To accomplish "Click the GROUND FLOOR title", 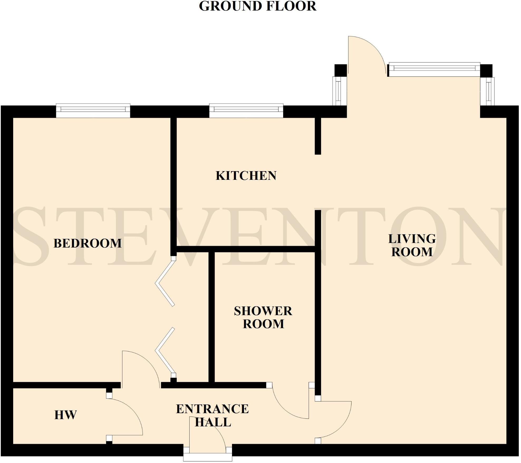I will [x=258, y=6].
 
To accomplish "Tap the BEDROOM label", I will [x=88, y=243].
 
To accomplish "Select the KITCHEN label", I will [x=246, y=176].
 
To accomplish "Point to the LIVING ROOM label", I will [x=412, y=245].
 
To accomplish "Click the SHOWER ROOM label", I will [x=263, y=317].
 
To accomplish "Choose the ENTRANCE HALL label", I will [x=213, y=416].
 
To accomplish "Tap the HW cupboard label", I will [x=65, y=415].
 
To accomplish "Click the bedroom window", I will [x=93, y=110].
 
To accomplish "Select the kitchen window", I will [x=246, y=110].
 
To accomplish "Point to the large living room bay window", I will [x=434, y=69].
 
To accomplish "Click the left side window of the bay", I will [x=337, y=91].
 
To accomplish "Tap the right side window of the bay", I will [x=489, y=91].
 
